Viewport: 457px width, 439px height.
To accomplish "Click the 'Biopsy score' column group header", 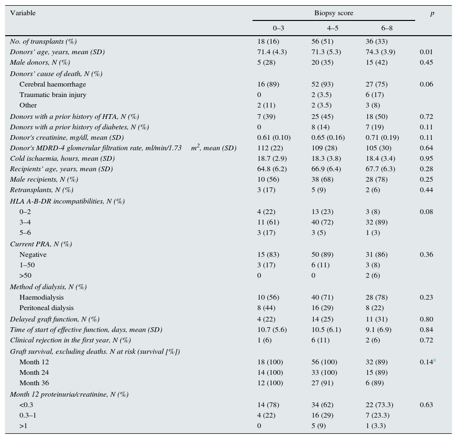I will click(x=333, y=13).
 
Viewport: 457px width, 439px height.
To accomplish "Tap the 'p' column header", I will click(x=432, y=13).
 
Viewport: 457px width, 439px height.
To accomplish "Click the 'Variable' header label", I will click(x=23, y=13).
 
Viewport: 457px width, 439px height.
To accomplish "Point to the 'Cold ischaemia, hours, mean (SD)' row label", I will click(x=62, y=158).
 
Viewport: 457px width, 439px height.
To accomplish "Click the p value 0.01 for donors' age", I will click(x=426, y=52).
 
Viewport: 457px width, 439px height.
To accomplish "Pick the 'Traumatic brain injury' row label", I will click(x=53, y=95).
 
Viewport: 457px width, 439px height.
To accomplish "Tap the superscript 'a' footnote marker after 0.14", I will click(x=434, y=361).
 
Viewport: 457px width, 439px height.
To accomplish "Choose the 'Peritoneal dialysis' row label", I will click(x=47, y=308).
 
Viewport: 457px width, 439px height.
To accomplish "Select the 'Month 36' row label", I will click(x=34, y=383).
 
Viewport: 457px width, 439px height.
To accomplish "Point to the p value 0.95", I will click(x=426, y=158).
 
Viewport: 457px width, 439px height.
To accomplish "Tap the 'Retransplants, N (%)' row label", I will click(x=42, y=190).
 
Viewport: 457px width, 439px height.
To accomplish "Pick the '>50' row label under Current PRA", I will click(x=26, y=275).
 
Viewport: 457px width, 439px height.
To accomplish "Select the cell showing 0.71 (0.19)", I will click(x=382, y=137).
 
